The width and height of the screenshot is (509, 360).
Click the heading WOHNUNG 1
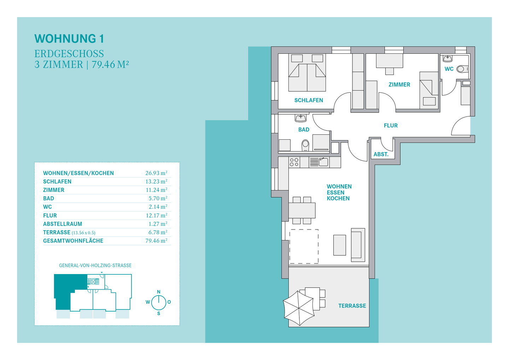[69, 39]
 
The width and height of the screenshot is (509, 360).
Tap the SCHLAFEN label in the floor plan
[309, 100]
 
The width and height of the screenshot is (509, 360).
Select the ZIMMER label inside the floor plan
[399, 85]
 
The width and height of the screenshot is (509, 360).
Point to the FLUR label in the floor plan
[391, 126]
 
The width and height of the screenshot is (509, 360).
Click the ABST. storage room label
[381, 154]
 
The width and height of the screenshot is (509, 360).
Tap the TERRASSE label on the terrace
[352, 306]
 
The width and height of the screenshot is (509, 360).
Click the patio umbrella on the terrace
[299, 308]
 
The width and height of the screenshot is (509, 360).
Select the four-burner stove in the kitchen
[294, 162]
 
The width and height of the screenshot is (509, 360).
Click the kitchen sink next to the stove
[323, 162]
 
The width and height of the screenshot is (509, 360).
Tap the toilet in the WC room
[462, 69]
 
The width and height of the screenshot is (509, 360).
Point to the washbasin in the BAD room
[300, 118]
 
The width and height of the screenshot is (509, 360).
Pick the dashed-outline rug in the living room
[304, 246]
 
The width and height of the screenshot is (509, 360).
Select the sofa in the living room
[358, 245]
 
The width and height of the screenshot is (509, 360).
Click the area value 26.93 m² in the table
[156, 173]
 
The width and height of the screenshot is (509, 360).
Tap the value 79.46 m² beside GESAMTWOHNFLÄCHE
[156, 241]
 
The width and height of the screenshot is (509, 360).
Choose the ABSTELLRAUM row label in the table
[63, 224]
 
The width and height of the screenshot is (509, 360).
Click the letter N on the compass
[159, 292]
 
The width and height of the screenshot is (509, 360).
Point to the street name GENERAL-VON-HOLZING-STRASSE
[95, 266]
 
